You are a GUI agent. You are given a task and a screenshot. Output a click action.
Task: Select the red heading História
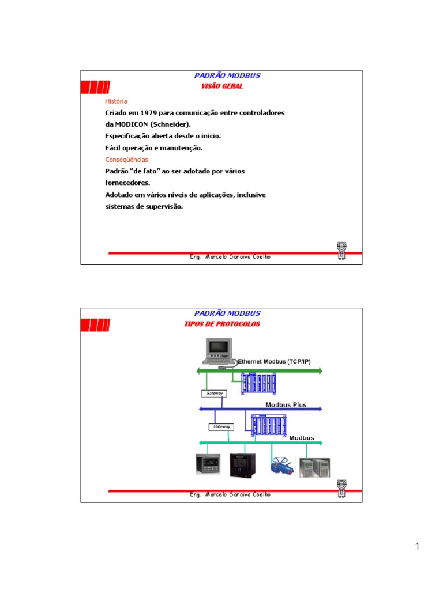116,101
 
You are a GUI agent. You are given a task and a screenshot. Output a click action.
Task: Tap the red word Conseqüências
126,160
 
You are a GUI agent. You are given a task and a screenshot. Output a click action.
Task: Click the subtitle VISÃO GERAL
221,86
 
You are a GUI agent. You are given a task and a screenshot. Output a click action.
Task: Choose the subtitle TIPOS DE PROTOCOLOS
222,324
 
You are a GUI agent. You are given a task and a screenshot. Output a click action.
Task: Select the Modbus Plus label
286,404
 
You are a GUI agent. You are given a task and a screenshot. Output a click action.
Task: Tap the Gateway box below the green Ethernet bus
213,393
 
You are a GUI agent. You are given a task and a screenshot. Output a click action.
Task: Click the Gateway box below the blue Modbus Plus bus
221,427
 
